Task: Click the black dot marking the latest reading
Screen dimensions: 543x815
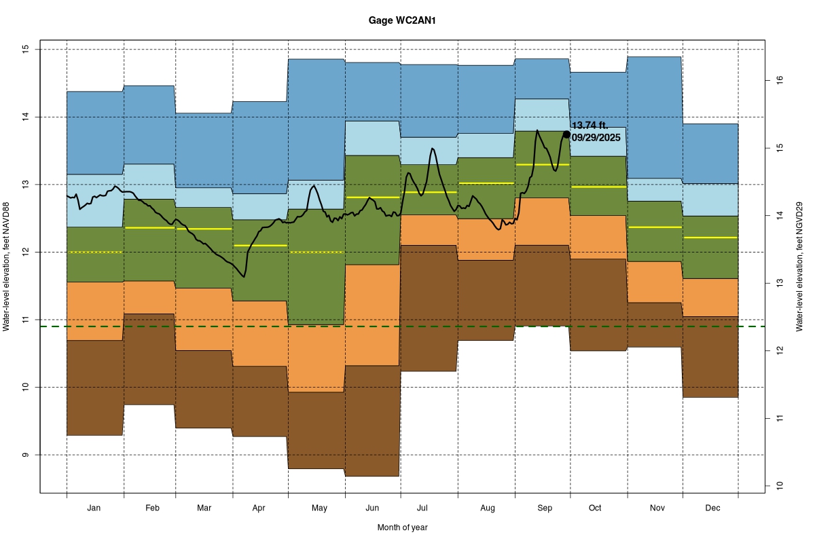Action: point(566,134)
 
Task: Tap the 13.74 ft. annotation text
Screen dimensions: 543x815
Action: point(590,126)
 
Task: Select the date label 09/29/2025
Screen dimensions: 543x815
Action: point(596,138)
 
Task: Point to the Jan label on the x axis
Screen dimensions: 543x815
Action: point(95,508)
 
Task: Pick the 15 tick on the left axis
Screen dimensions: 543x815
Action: point(26,50)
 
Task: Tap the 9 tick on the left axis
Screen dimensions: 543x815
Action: point(26,455)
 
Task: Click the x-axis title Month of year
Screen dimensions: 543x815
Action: point(403,527)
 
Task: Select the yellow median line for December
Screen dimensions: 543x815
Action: point(710,238)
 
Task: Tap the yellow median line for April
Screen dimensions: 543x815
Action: point(260,245)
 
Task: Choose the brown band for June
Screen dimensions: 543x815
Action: point(372,421)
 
